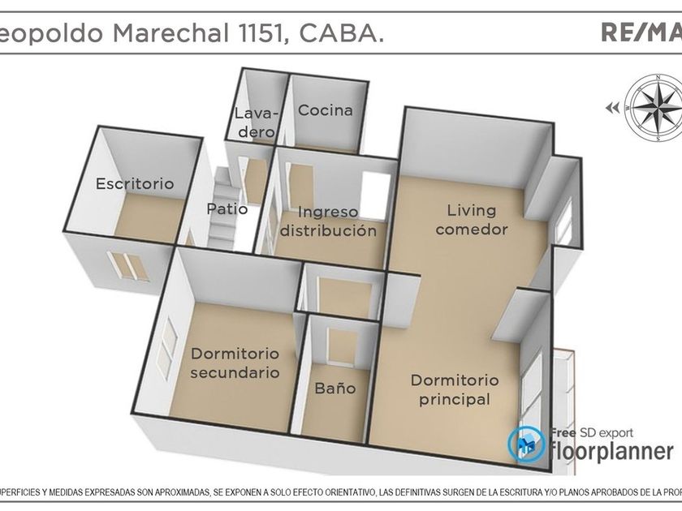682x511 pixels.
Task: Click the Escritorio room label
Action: tap(135, 184)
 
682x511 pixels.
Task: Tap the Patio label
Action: tap(227, 208)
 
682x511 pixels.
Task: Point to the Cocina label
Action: tap(325, 110)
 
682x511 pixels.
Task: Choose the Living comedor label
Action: tap(472, 220)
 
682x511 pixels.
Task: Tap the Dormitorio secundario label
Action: tap(235, 363)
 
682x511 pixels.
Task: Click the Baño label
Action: tap(335, 389)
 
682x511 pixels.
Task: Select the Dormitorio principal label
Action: tap(454, 389)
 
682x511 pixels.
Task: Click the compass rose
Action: tap(654, 108)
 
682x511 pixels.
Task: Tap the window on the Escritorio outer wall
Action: tap(127, 266)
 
